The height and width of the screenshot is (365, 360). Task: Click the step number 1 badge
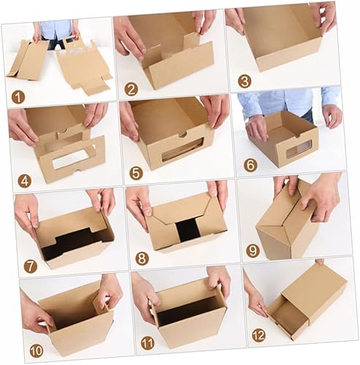[x=18, y=97]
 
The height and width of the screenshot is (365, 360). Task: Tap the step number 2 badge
[x=131, y=89]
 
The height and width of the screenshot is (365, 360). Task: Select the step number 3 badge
[x=245, y=81]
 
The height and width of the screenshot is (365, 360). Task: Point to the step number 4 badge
[x=25, y=181]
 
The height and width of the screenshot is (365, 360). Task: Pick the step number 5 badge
[x=136, y=173]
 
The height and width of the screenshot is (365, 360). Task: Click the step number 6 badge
[x=250, y=165]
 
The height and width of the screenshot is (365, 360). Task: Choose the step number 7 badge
[x=31, y=266]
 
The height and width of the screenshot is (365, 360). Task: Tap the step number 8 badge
[x=142, y=258]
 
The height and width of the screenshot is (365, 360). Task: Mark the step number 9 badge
[x=253, y=250]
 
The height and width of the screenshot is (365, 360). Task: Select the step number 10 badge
[x=37, y=351]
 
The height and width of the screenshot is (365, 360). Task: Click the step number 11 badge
[x=148, y=343]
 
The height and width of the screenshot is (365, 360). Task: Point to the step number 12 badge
[x=258, y=335]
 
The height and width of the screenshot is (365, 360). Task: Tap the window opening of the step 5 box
[x=183, y=150]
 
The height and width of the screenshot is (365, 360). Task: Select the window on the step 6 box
[x=298, y=150]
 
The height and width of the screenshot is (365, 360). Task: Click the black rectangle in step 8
[x=188, y=231]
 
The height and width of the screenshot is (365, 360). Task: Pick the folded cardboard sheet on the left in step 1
[x=28, y=60]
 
